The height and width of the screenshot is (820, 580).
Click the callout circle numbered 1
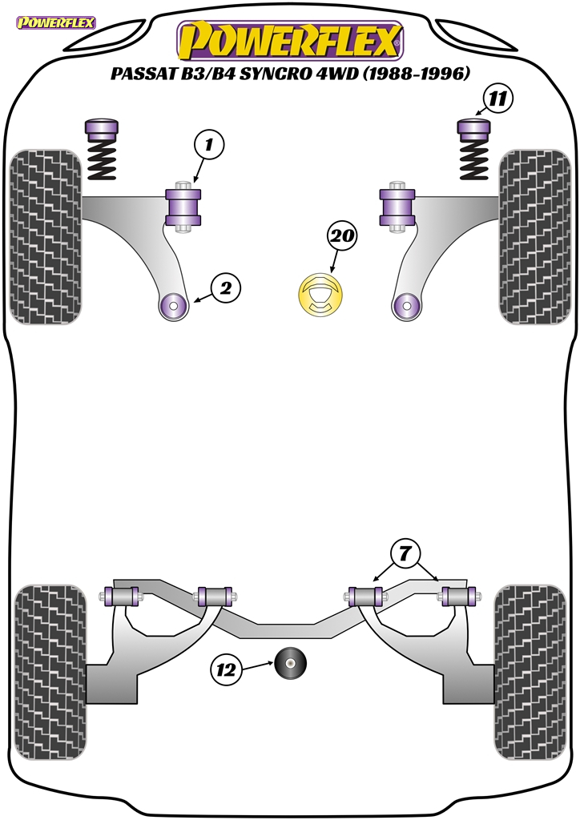pyautogui.click(x=208, y=145)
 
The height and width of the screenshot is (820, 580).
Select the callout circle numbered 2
pyautogui.click(x=225, y=288)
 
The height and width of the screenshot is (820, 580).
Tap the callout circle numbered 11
pyautogui.click(x=496, y=99)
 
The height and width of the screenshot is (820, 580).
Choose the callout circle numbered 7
pyautogui.click(x=405, y=553)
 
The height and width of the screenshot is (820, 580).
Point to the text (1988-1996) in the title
pyautogui.click(x=417, y=74)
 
